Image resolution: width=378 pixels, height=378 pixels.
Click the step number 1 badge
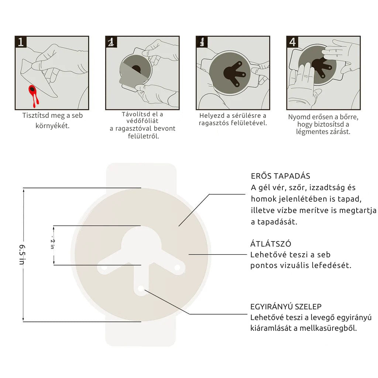(x=21, y=42)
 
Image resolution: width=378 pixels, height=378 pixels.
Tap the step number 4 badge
(x=292, y=42)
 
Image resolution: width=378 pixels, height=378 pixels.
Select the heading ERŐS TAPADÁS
(x=281, y=176)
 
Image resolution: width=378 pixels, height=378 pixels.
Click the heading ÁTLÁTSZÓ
(x=271, y=244)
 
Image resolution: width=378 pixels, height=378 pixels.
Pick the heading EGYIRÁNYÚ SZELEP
(x=286, y=307)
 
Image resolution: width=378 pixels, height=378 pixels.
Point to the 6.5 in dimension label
(x=22, y=255)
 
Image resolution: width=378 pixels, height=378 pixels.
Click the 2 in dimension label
(x=52, y=244)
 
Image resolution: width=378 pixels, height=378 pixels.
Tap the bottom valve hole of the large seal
(x=141, y=288)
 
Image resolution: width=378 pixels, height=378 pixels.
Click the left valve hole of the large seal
(x=104, y=268)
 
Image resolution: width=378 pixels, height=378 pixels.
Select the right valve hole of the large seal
(x=177, y=267)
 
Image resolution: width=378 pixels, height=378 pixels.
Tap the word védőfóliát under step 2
(x=142, y=121)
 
